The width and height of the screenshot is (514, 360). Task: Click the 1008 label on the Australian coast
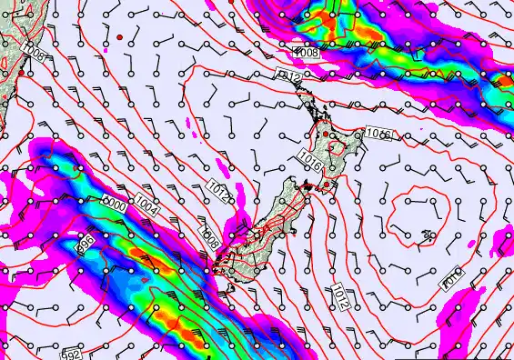coord(34,51)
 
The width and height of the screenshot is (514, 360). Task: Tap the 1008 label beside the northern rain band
coord(307,53)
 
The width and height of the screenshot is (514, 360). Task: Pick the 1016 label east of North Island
coord(378,134)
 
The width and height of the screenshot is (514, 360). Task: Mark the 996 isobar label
coord(86,245)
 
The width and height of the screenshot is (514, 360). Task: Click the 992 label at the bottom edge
coord(71,356)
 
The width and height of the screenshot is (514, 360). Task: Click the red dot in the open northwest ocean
coord(119,37)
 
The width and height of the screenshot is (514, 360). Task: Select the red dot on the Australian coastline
coord(21,72)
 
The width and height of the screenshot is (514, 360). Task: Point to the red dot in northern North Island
coord(326,134)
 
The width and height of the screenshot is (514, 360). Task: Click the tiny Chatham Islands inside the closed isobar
coord(427,235)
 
